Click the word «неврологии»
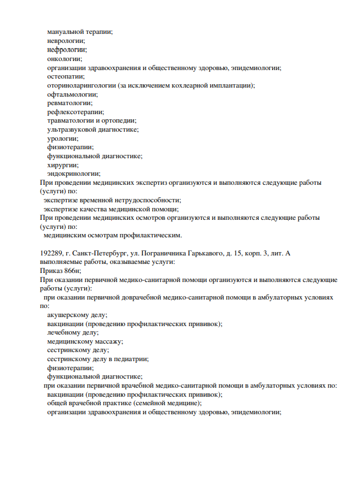(x=66, y=41)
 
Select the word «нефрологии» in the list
(x=67, y=50)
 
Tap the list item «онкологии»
(x=64, y=59)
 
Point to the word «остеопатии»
(x=66, y=76)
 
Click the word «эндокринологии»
(x=73, y=174)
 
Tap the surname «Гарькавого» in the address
(x=216, y=253)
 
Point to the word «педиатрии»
(x=132, y=359)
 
